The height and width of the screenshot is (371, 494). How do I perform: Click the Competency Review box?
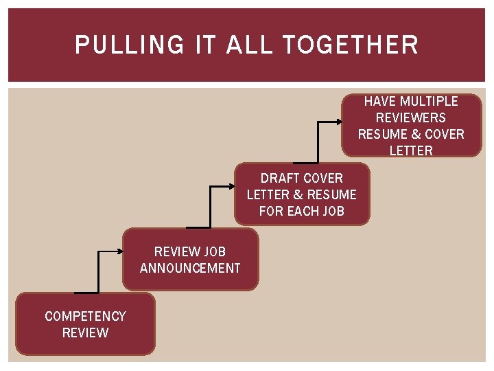pos(85,324)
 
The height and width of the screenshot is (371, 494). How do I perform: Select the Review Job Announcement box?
pos(190,260)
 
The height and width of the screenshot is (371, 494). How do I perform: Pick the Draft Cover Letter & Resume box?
pos(301,194)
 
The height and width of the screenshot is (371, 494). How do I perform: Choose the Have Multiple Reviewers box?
pos(411,126)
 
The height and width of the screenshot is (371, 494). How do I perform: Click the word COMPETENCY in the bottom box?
pos(85,316)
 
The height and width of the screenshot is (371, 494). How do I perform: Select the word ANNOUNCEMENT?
pos(190,268)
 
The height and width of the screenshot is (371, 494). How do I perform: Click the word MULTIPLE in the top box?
pos(429,101)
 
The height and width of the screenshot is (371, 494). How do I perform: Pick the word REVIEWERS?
pos(411,117)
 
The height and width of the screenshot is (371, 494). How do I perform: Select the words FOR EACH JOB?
pos(301,211)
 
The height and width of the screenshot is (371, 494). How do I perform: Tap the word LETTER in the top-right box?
pos(411,150)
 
